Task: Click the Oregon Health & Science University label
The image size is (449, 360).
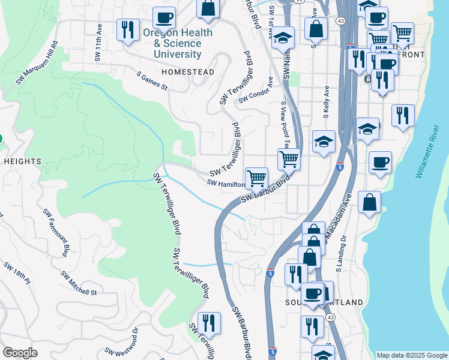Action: [x=178, y=44]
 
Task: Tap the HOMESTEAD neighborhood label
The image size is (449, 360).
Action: [x=188, y=72]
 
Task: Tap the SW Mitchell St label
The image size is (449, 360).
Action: [x=79, y=283]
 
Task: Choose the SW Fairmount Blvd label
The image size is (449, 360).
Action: [x=56, y=231]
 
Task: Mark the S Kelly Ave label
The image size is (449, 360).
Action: [x=327, y=99]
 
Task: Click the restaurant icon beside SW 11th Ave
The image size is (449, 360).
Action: [x=127, y=29]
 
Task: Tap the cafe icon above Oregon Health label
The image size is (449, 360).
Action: [x=164, y=17]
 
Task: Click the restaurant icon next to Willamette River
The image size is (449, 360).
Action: [x=403, y=115]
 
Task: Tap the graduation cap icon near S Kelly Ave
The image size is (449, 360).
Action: [x=324, y=142]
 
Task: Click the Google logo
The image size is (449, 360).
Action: [x=20, y=353]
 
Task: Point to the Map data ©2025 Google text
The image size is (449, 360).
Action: [x=412, y=355]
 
